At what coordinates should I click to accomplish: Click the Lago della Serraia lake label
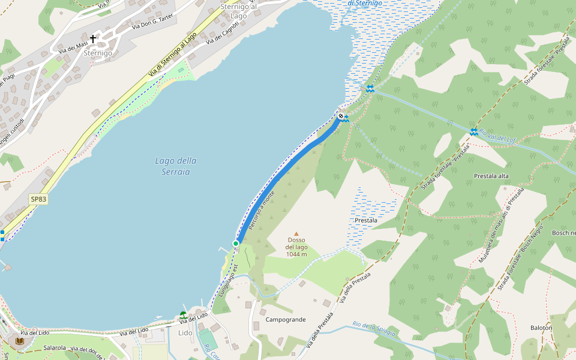coord(176,166)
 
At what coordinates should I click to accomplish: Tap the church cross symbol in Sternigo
coord(93,39)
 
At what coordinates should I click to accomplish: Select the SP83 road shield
coord(38,199)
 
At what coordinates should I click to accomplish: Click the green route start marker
coord(236,243)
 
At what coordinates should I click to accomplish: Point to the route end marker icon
coord(341,116)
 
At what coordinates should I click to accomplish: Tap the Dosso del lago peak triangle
coord(296,234)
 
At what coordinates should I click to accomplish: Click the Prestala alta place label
coord(491,176)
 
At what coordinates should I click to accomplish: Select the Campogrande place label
coord(286,320)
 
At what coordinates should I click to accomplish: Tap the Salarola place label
coord(55,347)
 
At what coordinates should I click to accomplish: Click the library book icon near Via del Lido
coord(20,341)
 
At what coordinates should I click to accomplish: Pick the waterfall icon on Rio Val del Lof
coord(474,132)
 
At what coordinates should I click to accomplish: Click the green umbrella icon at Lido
coord(183,314)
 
